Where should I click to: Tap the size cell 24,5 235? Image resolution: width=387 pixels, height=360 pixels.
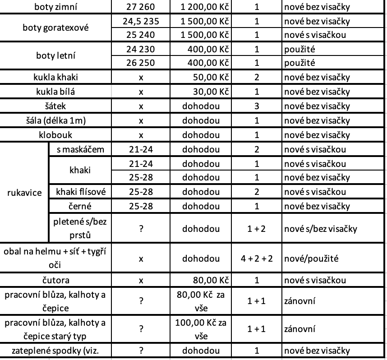click(x=141, y=21)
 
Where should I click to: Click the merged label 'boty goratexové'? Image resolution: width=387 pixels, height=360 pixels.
click(x=55, y=28)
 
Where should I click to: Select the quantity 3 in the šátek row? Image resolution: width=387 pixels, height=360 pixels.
click(x=256, y=106)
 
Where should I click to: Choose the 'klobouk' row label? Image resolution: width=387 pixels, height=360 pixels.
click(x=55, y=134)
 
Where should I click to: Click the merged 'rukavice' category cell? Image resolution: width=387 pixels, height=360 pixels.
click(x=24, y=193)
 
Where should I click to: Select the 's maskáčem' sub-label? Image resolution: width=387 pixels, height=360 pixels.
click(x=80, y=149)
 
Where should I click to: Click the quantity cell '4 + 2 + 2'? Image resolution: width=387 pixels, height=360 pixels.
click(x=256, y=259)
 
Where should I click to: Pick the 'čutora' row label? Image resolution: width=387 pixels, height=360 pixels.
click(x=55, y=280)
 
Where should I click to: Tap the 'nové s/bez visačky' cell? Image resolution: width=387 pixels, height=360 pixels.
click(x=320, y=229)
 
